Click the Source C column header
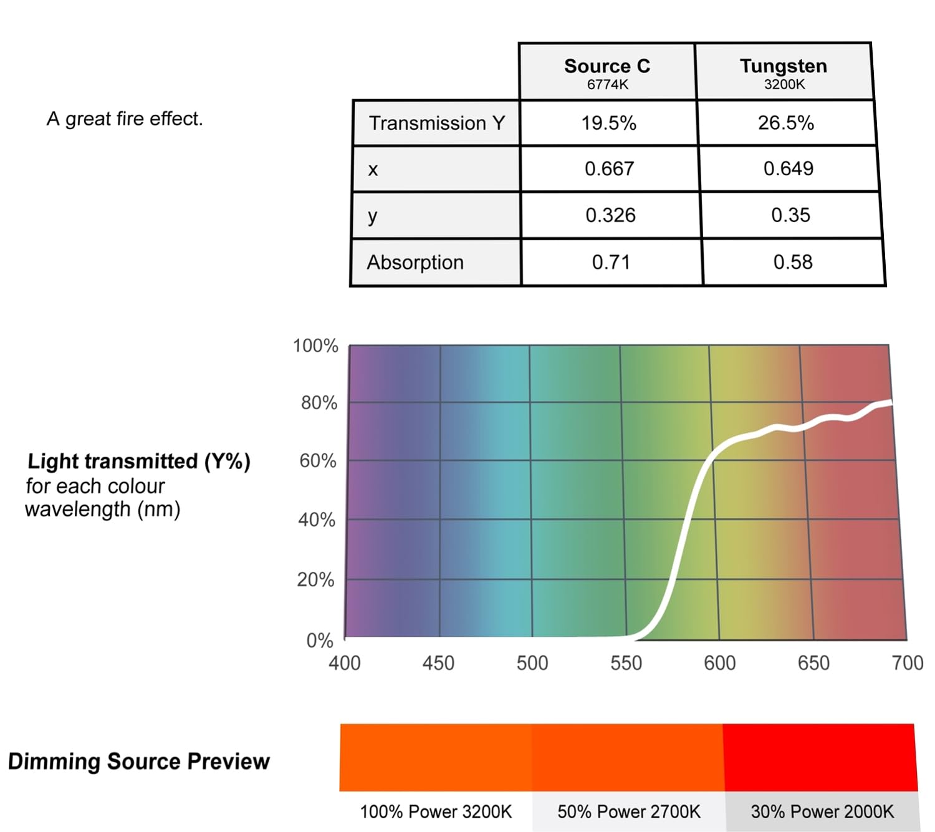click(607, 72)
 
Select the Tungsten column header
click(784, 72)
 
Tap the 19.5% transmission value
click(608, 123)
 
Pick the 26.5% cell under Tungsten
click(785, 122)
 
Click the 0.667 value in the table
click(609, 168)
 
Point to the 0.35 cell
click(790, 215)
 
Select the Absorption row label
click(415, 263)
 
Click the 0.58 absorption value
click(793, 262)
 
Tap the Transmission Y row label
click(436, 123)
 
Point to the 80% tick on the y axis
click(319, 403)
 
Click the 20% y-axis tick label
click(315, 580)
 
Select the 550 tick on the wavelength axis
click(626, 664)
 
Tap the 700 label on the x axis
click(908, 663)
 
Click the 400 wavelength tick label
click(344, 664)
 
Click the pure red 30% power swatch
click(820, 758)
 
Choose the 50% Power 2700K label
click(628, 811)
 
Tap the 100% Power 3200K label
click(436, 811)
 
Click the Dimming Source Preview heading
click(139, 762)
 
